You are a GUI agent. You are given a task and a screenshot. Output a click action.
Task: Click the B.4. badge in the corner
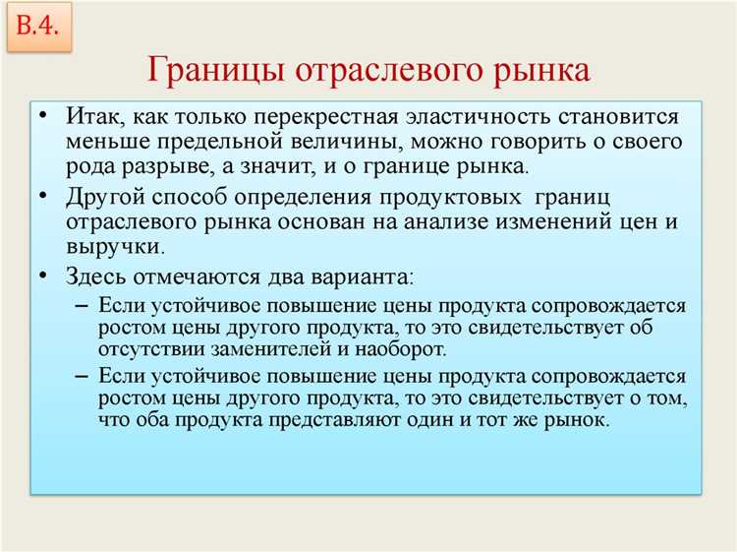(38, 27)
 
